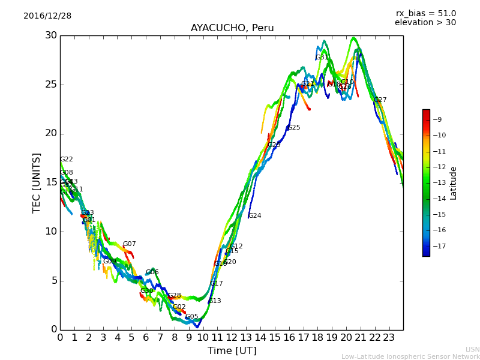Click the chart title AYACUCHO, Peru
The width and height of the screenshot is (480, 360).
pyautogui.click(x=232, y=28)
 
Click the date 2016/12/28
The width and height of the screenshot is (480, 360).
pyautogui.click(x=47, y=16)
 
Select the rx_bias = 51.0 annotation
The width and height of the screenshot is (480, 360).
pyautogui.click(x=426, y=14)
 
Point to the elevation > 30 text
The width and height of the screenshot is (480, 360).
pyautogui.click(x=425, y=23)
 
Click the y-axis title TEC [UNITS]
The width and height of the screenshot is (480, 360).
pyautogui.click(x=37, y=182)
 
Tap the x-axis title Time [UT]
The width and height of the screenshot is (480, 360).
pyautogui.click(x=232, y=351)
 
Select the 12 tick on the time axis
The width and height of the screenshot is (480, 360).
pyautogui.click(x=232, y=337)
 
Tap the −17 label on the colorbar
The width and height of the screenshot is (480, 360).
pyautogui.click(x=437, y=246)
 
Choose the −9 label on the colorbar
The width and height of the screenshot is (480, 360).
pyautogui.click(x=437, y=119)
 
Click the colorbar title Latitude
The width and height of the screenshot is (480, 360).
pyautogui.click(x=454, y=183)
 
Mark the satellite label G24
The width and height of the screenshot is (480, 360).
pyautogui.click(x=254, y=216)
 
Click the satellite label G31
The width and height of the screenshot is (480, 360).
pyautogui.click(x=322, y=58)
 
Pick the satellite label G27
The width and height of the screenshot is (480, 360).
pyautogui.click(x=380, y=100)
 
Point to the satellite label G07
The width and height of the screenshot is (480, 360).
pyautogui.click(x=130, y=244)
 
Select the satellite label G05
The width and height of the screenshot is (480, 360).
pyautogui.click(x=192, y=317)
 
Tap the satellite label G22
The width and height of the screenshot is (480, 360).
pyautogui.click(x=67, y=160)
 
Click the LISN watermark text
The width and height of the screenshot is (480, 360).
pyautogui.click(x=473, y=349)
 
